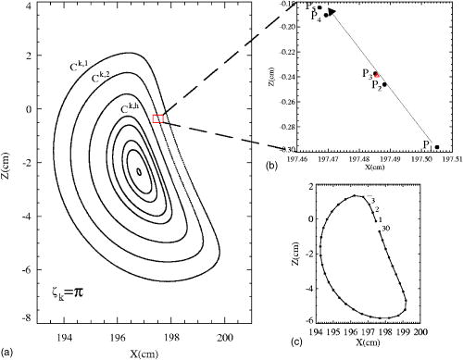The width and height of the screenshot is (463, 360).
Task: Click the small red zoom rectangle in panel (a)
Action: [x=159, y=118]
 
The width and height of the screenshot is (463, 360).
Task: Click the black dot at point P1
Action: [x=436, y=146]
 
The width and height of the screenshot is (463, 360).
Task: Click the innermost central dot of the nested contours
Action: [x=140, y=171]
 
